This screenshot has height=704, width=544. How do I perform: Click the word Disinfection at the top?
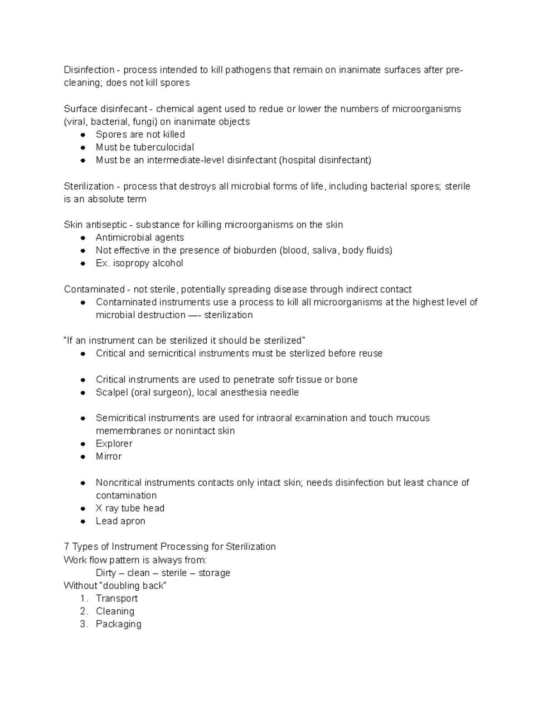pyautogui.click(x=89, y=70)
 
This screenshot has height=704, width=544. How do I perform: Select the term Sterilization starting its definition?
pyautogui.click(x=89, y=186)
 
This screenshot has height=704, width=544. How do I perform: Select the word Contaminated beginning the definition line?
pyautogui.click(x=94, y=289)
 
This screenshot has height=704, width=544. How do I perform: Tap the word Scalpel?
pyautogui.click(x=112, y=393)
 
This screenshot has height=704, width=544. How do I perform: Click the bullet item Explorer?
pyautogui.click(x=114, y=444)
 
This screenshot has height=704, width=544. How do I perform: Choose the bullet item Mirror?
pyautogui.click(x=108, y=456)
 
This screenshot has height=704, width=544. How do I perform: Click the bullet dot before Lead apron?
pyautogui.click(x=83, y=521)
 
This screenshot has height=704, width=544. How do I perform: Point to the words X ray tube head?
pyautogui.click(x=130, y=508)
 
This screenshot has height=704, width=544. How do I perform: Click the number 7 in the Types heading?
pyautogui.click(x=67, y=547)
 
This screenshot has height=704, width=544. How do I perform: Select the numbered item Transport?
pyautogui.click(x=117, y=598)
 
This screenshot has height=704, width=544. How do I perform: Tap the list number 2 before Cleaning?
pyautogui.click(x=83, y=611)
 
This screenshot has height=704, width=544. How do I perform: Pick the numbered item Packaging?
pyautogui.click(x=118, y=624)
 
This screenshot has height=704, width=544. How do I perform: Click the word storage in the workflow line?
pyautogui.click(x=214, y=573)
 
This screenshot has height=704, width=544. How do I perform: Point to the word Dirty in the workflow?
pyautogui.click(x=106, y=573)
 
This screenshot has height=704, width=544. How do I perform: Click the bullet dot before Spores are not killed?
pyautogui.click(x=83, y=135)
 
